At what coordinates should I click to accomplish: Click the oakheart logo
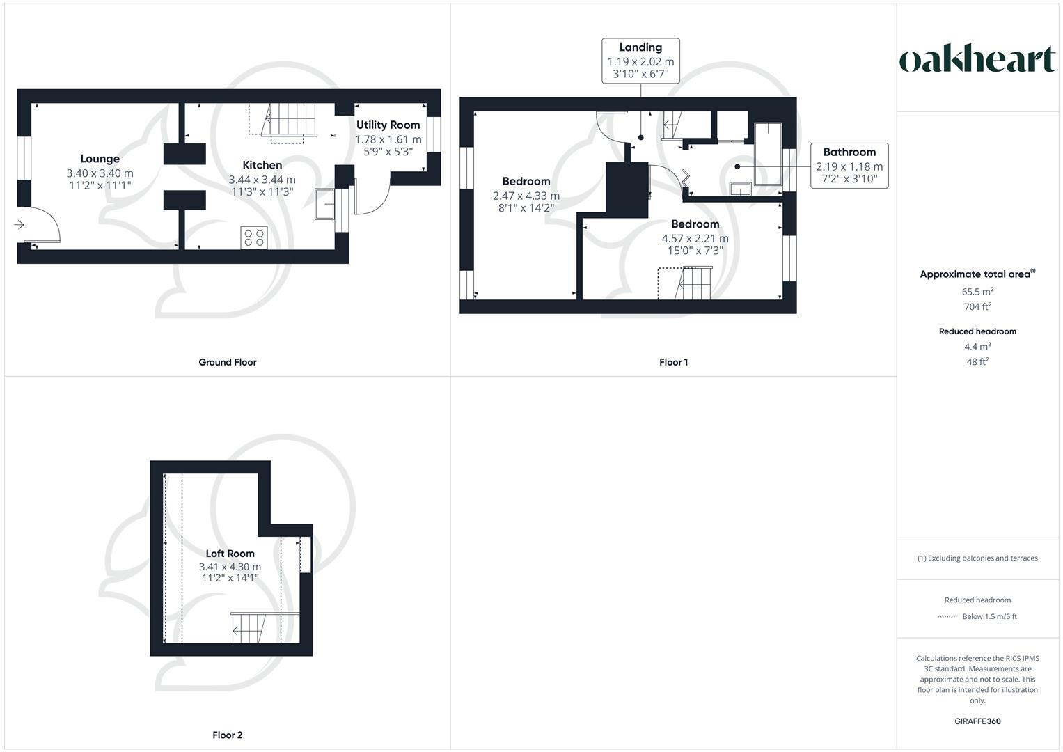pos(977,59)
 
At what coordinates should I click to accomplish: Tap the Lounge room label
pos(100,159)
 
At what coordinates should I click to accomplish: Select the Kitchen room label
pos(262,165)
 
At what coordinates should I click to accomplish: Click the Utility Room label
pos(388,125)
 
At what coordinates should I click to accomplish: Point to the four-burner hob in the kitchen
pos(253,237)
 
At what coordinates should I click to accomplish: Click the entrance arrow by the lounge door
pos(19,224)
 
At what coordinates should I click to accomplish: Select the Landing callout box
pos(640,61)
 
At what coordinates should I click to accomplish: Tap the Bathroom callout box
pos(849,166)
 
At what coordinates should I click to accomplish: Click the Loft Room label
pos(230,554)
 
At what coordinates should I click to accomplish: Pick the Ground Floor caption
pos(228,362)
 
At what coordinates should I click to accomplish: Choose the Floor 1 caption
pos(673,362)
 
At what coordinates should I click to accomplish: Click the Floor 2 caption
pos(228,735)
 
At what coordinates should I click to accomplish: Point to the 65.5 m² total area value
pos(977,292)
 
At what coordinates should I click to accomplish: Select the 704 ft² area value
pos(977,306)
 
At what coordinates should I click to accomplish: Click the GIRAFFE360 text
pos(977,721)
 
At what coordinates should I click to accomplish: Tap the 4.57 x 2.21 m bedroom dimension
pos(695,238)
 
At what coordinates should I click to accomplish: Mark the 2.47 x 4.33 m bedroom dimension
pos(526,196)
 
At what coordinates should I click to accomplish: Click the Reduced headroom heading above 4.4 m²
pos(977,331)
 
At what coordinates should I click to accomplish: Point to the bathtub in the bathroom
pos(769,153)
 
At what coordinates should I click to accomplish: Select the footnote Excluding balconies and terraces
pos(977,558)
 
